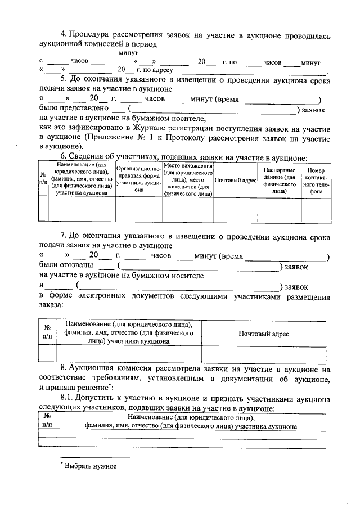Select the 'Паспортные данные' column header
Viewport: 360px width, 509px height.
[279, 180]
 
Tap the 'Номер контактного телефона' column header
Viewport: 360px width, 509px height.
[316, 180]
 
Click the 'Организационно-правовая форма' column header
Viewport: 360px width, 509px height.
[139, 180]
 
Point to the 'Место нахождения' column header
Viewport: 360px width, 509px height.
[187, 180]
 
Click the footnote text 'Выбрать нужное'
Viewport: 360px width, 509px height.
[90, 466]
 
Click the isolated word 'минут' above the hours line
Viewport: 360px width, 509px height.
[130, 52]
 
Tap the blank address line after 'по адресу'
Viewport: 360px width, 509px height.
[250, 71]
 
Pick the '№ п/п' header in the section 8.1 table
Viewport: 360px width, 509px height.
[47, 422]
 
